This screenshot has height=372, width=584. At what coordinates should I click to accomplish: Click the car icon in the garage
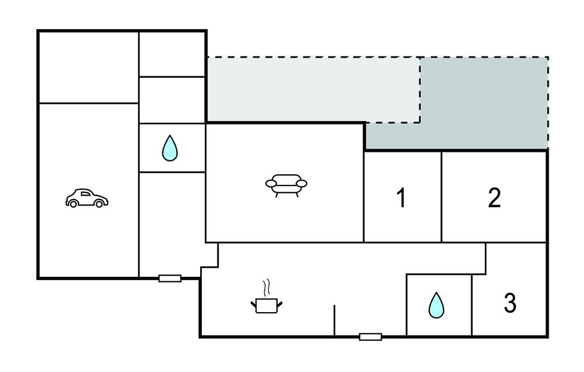pos(87,197)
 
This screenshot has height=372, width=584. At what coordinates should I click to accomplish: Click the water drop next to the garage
pos(170,148)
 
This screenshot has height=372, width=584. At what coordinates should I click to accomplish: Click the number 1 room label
pos(401,198)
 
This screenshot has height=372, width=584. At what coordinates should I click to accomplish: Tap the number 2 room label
pos(494,197)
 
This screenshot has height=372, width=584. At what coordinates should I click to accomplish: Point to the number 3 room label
pos(510,303)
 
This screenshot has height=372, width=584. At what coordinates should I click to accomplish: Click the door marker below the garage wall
pos(169,278)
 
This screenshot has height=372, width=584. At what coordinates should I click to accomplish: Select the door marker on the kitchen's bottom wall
pos(370,337)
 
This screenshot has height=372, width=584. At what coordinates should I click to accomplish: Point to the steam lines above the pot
pos(265,286)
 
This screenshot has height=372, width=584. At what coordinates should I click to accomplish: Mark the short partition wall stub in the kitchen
pos(334,320)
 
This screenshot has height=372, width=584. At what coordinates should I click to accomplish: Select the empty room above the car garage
pos(88,67)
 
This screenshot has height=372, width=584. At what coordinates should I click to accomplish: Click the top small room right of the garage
pos(172,54)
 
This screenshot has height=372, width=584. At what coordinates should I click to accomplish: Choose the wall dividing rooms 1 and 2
pos(441,197)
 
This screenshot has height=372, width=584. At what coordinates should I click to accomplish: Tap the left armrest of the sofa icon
pos(270,183)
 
